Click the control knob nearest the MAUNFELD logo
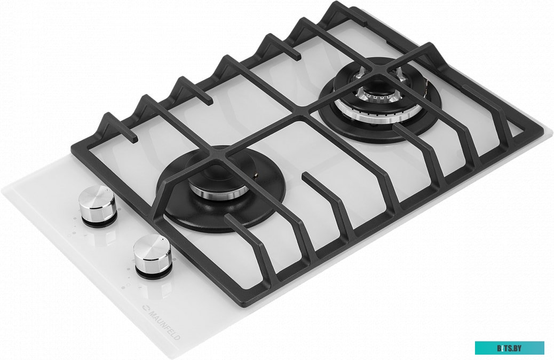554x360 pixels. (153, 255)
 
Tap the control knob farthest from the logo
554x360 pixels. (97, 206)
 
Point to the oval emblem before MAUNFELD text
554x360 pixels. (145, 308)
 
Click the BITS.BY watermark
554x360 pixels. (509, 348)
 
